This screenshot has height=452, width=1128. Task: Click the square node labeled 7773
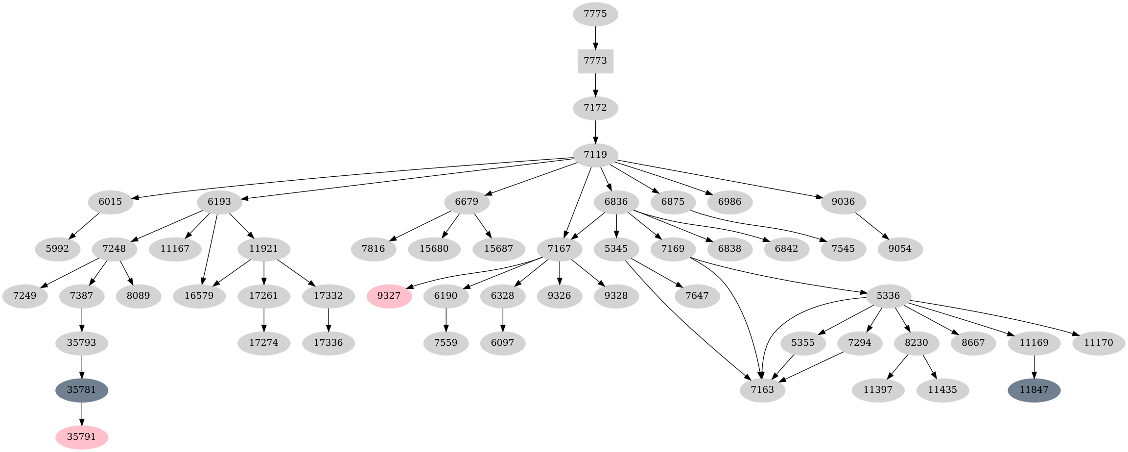(595, 61)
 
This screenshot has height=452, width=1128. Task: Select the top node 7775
(595, 14)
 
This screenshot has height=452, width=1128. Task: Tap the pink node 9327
(389, 296)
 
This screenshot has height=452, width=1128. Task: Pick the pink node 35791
(82, 437)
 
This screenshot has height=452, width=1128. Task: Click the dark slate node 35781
(82, 390)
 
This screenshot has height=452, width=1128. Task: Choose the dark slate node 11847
(1034, 390)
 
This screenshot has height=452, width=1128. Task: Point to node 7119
(595, 155)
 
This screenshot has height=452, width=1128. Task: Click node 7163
(763, 390)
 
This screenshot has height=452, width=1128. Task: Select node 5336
(888, 296)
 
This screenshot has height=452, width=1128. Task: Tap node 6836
(616, 202)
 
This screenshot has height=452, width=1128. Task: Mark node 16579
(199, 296)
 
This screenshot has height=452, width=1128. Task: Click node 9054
(900, 249)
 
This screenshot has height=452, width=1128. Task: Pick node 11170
(1099, 343)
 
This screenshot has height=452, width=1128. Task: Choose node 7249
(25, 296)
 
